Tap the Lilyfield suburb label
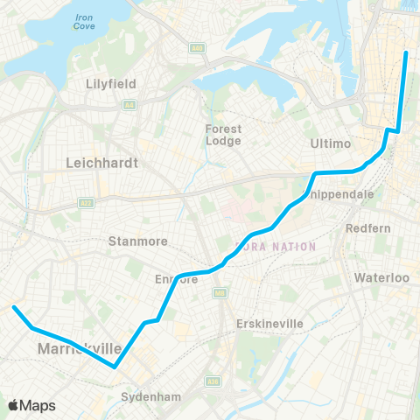(x=110, y=85)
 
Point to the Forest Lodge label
(x=223, y=134)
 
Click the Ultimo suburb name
(x=330, y=143)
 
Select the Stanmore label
(x=131, y=240)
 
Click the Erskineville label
(x=269, y=324)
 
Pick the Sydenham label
(x=150, y=396)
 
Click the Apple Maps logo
(x=31, y=405)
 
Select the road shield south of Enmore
(x=219, y=294)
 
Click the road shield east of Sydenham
(x=212, y=381)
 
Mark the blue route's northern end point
(x=406, y=53)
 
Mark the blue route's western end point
(x=14, y=307)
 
